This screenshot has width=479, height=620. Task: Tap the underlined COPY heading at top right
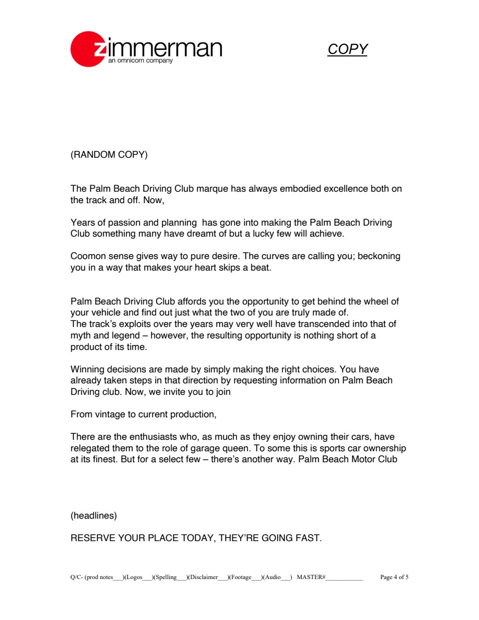coord(347,49)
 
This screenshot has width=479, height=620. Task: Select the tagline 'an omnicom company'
coord(140,60)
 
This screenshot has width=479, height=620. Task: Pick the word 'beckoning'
coord(379,256)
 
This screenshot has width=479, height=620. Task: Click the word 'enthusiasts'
coord(154,437)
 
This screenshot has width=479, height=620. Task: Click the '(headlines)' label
coord(94,516)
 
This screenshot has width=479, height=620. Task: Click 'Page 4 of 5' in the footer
coord(394,578)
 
